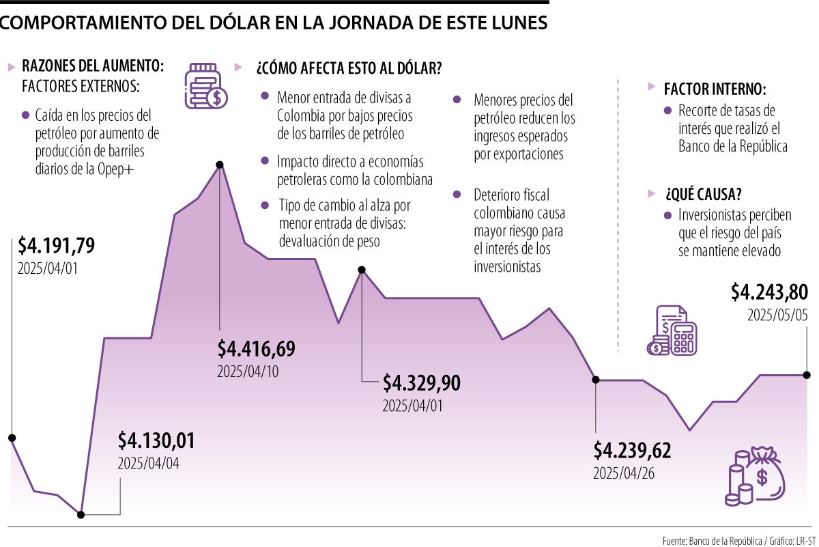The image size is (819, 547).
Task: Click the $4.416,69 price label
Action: (x=256, y=349)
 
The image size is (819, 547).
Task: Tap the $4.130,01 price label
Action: (x=156, y=440)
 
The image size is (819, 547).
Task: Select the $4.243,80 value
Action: (x=769, y=292)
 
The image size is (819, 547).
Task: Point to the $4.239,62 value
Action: (x=632, y=451)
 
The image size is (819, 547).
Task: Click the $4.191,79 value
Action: (x=56, y=244)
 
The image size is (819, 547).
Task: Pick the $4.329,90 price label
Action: (x=421, y=383)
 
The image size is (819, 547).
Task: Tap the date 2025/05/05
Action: (x=777, y=315)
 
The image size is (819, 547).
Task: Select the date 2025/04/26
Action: (x=624, y=474)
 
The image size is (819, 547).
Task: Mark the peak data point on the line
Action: (x=220, y=165)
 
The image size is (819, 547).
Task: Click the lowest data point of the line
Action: (x=81, y=514)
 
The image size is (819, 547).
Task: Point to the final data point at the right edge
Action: (x=807, y=375)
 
